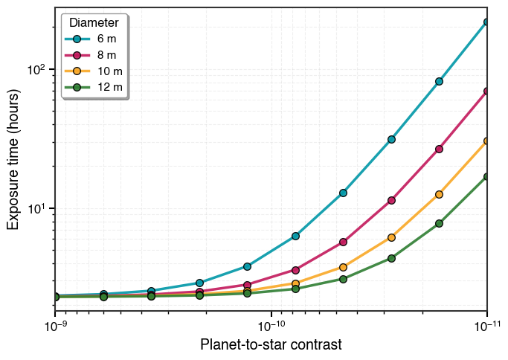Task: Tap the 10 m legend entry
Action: pos(94,71)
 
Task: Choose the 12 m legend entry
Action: pos(94,87)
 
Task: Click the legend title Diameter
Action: pos(94,22)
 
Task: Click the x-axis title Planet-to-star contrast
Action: pos(271,345)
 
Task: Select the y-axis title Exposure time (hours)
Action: pos(13,159)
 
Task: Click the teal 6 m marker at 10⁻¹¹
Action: pos(486,22)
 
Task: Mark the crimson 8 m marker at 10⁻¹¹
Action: pos(486,91)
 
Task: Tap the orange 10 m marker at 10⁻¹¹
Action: pos(486,141)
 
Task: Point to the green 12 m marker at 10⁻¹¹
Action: pos(486,177)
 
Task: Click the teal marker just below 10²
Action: pos(439,81)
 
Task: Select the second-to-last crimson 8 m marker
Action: pos(439,149)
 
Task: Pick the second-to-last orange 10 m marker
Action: pos(439,194)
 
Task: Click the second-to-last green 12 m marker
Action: pos(439,223)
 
